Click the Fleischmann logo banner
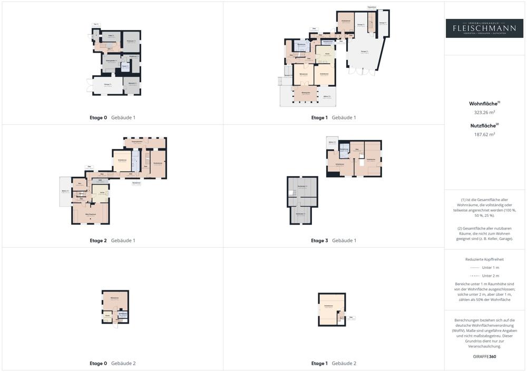[x=484, y=28]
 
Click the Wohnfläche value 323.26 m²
[x=485, y=112]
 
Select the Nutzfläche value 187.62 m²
[x=485, y=134]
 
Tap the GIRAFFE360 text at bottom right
[x=484, y=356]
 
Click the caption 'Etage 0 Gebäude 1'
[x=112, y=117]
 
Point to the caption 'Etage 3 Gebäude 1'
[x=334, y=240]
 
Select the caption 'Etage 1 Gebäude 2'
[x=334, y=363]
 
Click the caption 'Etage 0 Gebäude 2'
[x=112, y=363]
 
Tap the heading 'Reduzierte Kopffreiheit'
[x=484, y=259]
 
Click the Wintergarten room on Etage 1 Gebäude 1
[x=305, y=93]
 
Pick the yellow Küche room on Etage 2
[x=101, y=193]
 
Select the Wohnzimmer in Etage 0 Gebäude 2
[x=114, y=299]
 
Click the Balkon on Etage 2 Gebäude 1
[x=65, y=192]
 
